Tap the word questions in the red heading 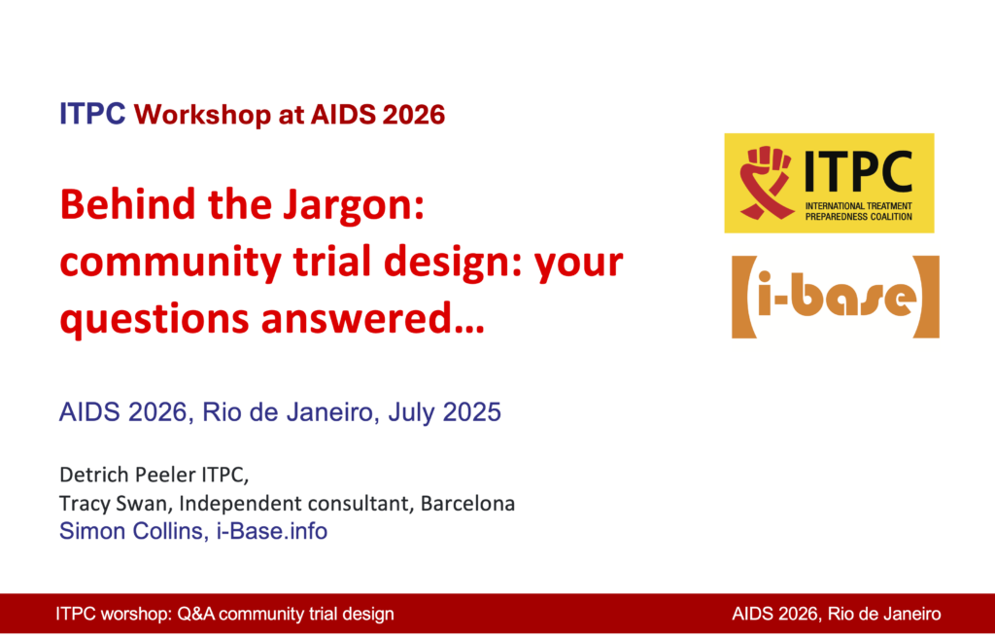tap(154, 319)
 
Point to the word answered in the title tap(372, 318)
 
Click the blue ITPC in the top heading tap(92, 115)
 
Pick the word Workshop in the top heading tap(202, 115)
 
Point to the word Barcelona tap(467, 503)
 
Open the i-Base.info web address tap(272, 531)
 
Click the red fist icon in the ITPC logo tap(766, 183)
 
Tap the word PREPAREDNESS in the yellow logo tap(832, 217)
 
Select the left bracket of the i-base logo tap(742, 297)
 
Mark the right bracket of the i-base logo tap(928, 297)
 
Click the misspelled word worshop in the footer tap(132, 614)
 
